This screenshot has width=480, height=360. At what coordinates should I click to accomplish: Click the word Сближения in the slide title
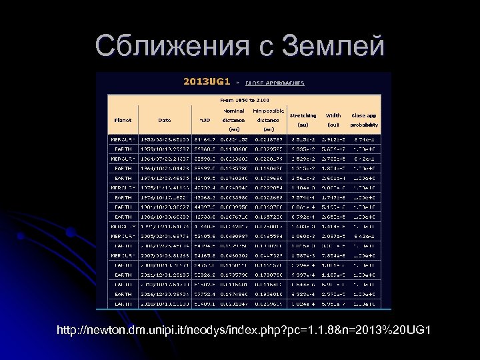pyautogui.click(x=167, y=46)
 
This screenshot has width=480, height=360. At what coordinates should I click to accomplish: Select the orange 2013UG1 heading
pyautogui.click(x=207, y=82)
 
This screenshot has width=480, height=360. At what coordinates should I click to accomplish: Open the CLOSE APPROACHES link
pyautogui.click(x=275, y=83)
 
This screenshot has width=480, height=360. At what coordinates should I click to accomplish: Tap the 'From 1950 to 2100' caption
pyautogui.click(x=243, y=99)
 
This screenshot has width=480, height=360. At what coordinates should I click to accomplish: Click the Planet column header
pyautogui.click(x=123, y=120)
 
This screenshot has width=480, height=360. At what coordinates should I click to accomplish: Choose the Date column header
pyautogui.click(x=164, y=120)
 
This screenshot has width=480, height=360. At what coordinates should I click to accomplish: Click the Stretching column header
pyautogui.click(x=303, y=120)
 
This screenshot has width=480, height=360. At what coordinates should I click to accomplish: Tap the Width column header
pyautogui.click(x=333, y=120)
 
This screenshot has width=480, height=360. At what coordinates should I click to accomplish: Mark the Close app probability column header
pyautogui.click(x=364, y=120)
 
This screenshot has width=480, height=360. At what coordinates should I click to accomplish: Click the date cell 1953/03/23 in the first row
pyautogui.click(x=164, y=139)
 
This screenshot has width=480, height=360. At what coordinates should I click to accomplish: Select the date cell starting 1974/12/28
pyautogui.click(x=164, y=178)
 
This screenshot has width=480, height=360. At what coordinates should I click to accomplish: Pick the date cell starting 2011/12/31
pyautogui.click(x=164, y=275)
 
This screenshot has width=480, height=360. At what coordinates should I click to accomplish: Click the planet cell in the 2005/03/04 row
pyautogui.click(x=123, y=236)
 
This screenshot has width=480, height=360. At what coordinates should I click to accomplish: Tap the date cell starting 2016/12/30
pyautogui.click(x=164, y=294)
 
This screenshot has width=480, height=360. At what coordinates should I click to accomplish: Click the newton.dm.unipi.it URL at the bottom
pyautogui.click(x=244, y=331)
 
